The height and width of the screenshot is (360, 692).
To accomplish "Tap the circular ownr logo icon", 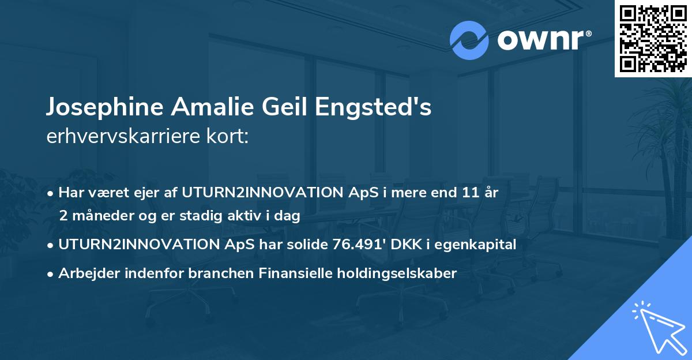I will tap(469, 40).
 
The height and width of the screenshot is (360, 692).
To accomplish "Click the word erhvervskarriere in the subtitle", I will tap(121, 137).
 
